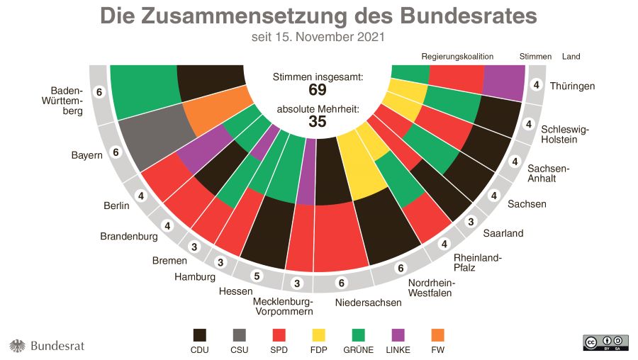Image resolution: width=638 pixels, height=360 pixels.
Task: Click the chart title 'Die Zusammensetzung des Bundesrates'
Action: coord(318,16)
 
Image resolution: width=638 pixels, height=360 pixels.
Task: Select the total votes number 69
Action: coord(317,90)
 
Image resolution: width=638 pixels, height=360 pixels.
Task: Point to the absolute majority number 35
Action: coord(317,122)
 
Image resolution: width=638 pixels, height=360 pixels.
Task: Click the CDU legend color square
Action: coord(200,334)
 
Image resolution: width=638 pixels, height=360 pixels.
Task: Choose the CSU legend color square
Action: coord(240,334)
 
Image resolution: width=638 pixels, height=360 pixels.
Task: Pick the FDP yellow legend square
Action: coord(319,334)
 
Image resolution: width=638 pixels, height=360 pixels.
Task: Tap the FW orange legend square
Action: coord(437,334)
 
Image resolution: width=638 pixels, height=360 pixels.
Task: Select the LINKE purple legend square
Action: coord(398,334)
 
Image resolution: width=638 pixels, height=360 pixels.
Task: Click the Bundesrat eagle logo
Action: coord(17,346)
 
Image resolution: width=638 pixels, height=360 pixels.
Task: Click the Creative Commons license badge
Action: coord(605,342)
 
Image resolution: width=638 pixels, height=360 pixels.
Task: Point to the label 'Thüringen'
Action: coord(572,86)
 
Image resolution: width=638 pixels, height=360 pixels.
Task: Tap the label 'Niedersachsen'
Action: coord(369,303)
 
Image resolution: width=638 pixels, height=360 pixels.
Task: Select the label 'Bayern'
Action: coord(87,154)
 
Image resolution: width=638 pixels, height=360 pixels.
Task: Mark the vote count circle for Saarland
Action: coord(469,221)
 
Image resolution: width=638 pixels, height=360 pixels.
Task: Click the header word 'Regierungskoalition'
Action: coord(457,56)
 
